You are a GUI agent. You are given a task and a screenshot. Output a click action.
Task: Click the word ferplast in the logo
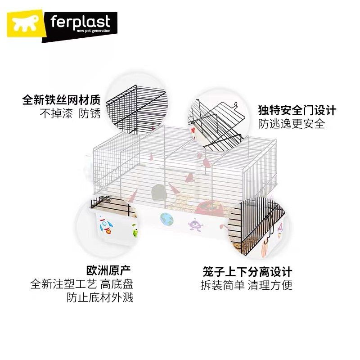[x=76, y=22]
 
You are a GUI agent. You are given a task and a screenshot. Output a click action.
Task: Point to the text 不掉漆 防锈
[x=70, y=113]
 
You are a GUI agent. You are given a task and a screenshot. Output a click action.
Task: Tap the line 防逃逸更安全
[x=291, y=124]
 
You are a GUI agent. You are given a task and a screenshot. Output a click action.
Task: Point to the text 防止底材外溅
[x=100, y=298]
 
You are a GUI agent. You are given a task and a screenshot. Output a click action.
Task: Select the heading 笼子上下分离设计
[x=247, y=272]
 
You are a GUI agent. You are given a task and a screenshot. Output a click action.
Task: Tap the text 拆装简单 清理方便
[x=247, y=285]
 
